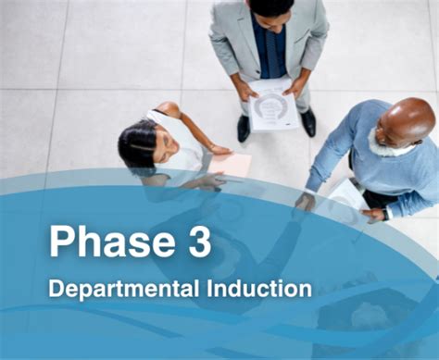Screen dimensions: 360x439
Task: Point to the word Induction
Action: point(261,288)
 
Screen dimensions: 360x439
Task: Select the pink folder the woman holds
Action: point(232,165)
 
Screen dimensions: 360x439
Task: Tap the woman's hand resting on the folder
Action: point(219,149)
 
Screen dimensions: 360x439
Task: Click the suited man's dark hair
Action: point(271,6)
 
